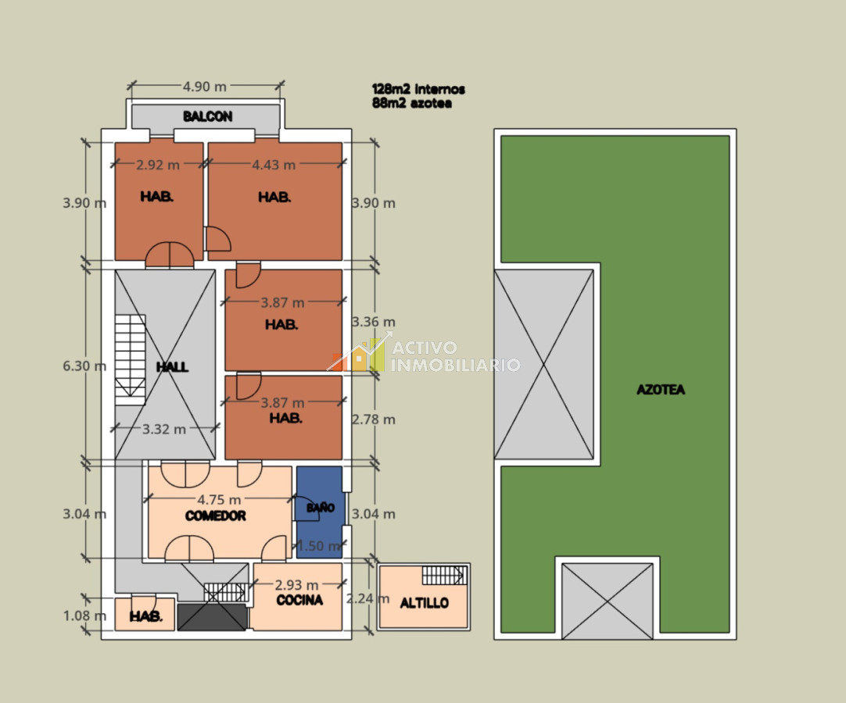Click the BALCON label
207,116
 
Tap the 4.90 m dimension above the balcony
205,86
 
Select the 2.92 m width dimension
158,165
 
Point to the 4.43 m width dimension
274,165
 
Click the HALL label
172,366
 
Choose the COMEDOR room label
216,516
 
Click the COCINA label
299,601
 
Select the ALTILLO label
425,603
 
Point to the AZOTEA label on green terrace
661,389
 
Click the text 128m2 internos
419,90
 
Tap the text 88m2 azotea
412,103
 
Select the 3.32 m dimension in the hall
164,429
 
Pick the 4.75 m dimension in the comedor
219,500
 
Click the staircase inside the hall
131,359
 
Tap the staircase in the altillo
444,576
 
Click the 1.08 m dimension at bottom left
84,616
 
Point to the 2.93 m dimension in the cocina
296,585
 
